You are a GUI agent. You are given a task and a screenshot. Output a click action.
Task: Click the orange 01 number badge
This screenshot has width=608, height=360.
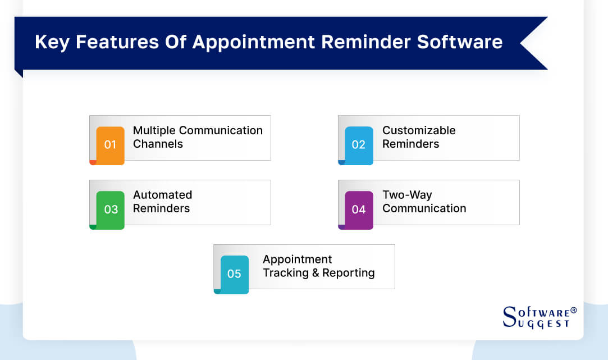point(110,145)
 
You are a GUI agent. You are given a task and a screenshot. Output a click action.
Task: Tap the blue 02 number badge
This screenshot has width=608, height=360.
point(359,145)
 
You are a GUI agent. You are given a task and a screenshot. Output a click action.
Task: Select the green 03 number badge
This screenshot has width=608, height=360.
point(111,209)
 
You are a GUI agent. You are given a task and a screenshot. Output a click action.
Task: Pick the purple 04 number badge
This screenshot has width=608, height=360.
point(359,209)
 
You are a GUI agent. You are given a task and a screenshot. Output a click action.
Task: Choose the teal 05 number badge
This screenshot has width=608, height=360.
point(234,274)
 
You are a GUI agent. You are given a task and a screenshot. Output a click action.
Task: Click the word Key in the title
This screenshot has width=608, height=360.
point(52,42)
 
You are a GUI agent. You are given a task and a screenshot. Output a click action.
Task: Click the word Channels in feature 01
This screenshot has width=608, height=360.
point(158,144)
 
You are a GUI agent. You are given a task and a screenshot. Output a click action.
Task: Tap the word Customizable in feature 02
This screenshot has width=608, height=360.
point(419,130)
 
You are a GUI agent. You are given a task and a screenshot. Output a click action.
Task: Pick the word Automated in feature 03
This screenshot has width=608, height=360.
point(162,195)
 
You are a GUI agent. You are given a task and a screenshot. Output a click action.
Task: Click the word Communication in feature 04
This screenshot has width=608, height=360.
point(424,208)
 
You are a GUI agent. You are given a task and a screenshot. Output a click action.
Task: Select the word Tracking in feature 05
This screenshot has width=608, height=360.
point(285,273)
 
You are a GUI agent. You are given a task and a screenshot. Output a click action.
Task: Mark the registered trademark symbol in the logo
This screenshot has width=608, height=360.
point(573,310)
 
